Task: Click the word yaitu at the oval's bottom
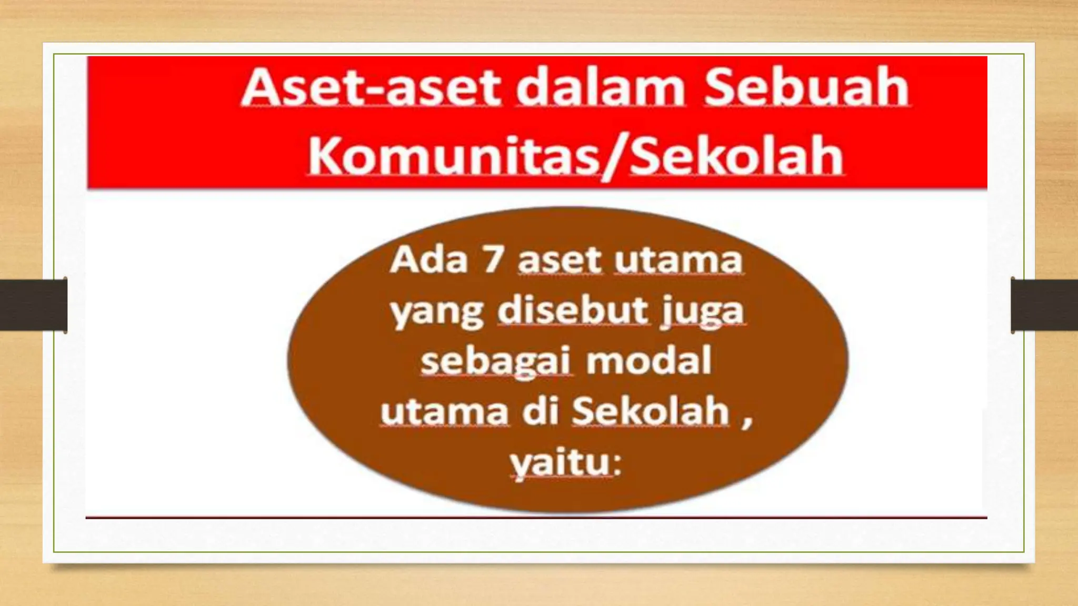565,464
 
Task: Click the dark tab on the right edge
1044,305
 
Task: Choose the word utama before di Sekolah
445,412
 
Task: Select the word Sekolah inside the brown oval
651,412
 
